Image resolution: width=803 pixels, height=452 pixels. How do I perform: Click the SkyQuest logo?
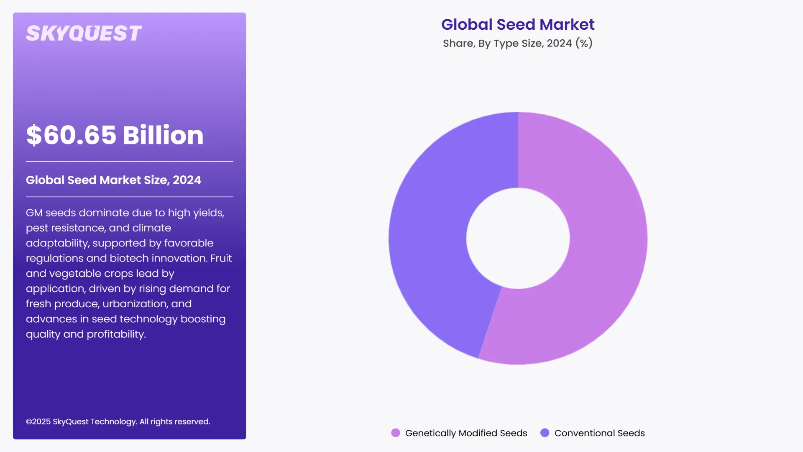84,33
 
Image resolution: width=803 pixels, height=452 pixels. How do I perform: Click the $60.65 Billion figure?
115,135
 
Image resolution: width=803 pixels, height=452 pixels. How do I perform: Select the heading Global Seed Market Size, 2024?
113,180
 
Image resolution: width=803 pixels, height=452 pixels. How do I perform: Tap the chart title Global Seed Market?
518,24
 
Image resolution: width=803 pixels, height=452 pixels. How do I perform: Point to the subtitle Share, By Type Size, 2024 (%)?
518,43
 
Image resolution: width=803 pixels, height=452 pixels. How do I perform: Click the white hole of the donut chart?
518,238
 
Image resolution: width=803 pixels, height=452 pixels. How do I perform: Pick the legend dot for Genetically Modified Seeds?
395,433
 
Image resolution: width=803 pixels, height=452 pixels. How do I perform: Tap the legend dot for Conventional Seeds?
545,433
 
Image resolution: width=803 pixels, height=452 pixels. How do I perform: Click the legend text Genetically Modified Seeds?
466,433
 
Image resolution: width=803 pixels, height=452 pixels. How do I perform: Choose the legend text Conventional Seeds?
599,433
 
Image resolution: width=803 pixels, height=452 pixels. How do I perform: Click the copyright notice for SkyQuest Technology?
118,421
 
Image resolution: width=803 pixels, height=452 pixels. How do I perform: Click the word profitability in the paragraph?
116,334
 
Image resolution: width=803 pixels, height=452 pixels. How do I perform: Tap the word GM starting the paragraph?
34,213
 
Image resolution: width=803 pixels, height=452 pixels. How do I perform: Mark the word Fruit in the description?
221,258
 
